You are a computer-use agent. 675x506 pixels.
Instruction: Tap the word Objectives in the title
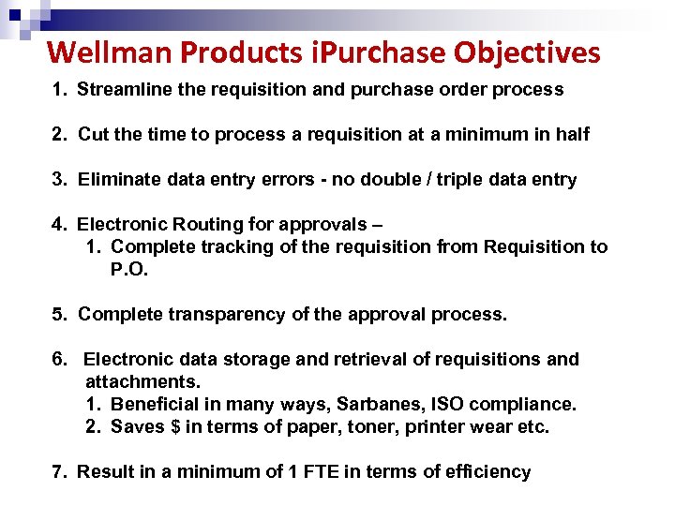point(527,52)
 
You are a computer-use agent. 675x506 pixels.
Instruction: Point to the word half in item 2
point(571,134)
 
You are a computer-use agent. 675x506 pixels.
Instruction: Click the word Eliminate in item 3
point(117,179)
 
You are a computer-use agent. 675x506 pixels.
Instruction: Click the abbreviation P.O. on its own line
point(129,270)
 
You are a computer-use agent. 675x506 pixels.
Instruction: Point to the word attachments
point(142,381)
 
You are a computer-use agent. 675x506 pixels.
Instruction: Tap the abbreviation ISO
point(450,404)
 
